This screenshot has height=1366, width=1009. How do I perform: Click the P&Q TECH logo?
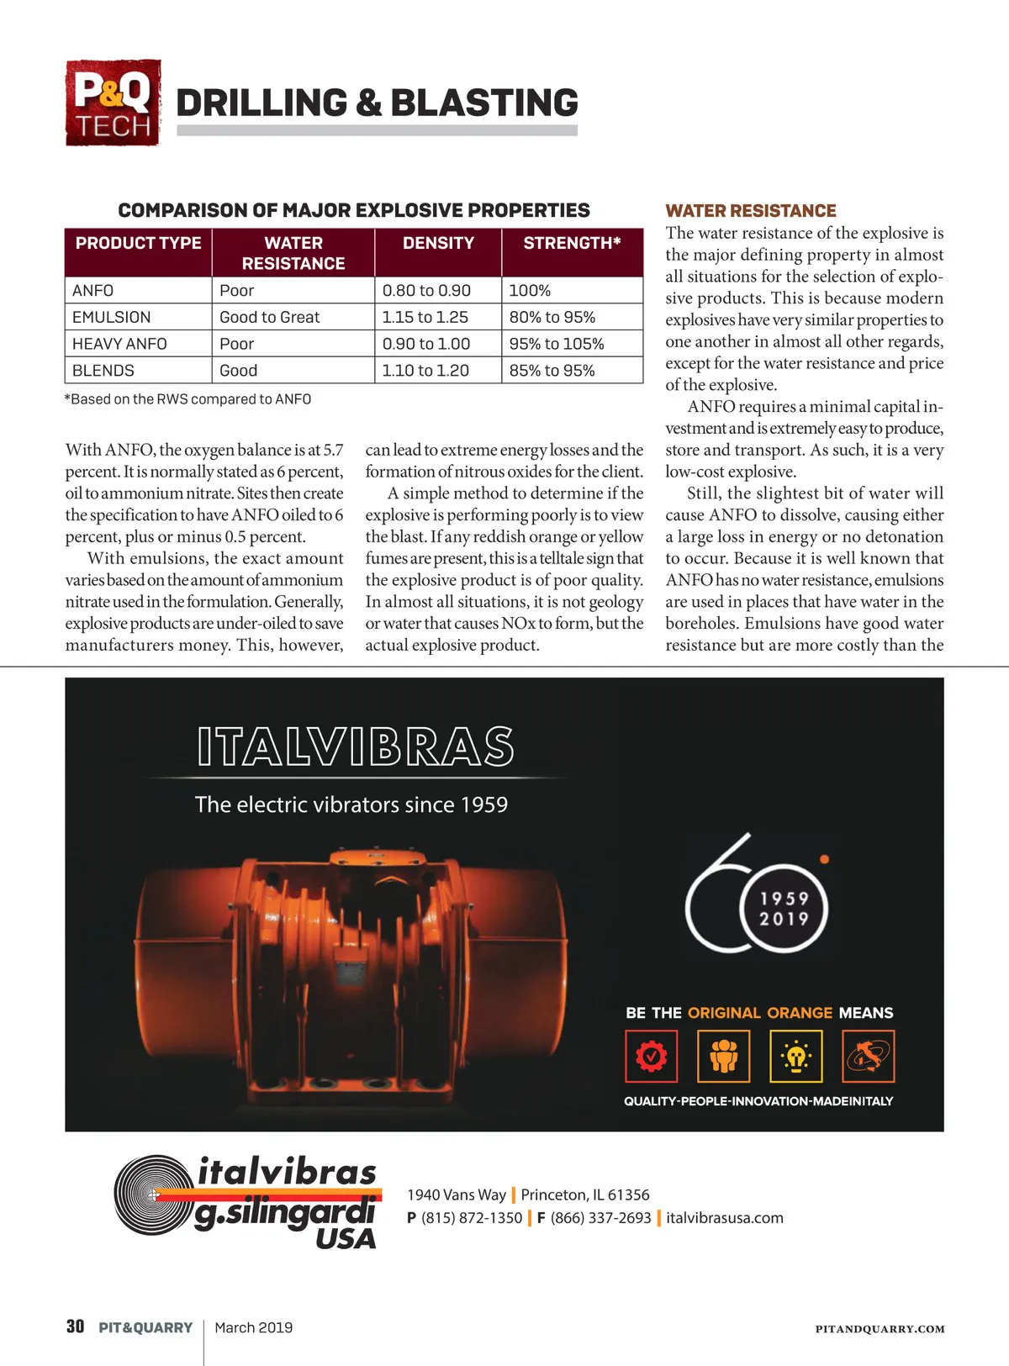coord(113,103)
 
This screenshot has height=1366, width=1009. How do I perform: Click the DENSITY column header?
coord(438,243)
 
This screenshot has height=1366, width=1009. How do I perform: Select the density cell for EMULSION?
coord(425,317)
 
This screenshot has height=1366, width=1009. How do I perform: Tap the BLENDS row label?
coord(103,371)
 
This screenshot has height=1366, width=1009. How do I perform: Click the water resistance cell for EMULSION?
coord(270,317)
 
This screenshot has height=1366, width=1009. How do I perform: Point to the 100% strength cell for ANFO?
coord(530,291)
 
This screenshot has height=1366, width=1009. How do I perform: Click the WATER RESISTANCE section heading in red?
coord(751,211)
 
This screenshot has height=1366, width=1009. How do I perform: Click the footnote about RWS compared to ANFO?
coord(188,399)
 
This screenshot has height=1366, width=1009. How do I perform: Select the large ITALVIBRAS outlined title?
coord(355,746)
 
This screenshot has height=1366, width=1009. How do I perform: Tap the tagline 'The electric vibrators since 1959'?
coord(351,804)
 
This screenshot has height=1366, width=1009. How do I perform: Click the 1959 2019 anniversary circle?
coord(784,909)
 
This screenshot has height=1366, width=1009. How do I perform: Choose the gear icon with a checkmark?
coord(651,1056)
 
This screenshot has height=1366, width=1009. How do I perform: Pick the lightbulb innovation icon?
coord(795,1056)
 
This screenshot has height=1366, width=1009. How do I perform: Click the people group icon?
coord(723,1056)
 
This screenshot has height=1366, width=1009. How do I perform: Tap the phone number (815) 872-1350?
coord(472,1218)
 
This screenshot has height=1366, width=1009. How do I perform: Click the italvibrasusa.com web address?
coord(725,1218)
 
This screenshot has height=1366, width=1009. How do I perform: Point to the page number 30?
coord(75,1326)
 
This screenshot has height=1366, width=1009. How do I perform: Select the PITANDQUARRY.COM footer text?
coord(880,1329)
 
